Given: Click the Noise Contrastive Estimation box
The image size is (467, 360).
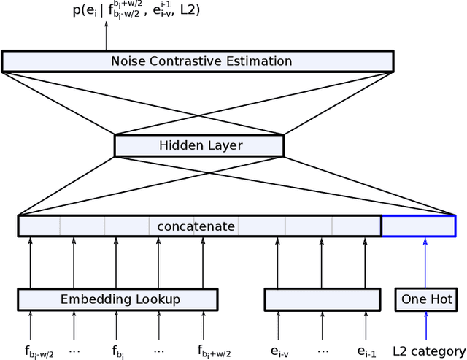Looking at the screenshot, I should [197, 61].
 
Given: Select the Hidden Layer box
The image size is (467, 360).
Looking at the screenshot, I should [199, 145].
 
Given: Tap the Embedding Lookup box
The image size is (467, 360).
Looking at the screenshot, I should [117, 299].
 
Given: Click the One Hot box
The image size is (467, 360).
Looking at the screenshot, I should [426, 299].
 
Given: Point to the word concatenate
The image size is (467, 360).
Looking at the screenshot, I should [196, 226].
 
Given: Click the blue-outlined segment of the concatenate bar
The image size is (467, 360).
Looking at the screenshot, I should [419, 226].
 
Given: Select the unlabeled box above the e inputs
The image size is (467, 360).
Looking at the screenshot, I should [322, 299].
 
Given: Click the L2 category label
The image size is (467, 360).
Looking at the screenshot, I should [428, 351].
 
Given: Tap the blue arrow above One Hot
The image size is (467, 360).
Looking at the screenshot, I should [425, 263].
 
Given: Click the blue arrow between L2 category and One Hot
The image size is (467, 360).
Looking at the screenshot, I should [425, 326].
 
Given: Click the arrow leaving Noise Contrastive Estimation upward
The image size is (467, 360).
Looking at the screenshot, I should [107, 37].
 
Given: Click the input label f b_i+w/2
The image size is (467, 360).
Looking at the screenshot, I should [213, 352].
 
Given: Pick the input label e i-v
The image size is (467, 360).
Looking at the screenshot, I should [280, 352].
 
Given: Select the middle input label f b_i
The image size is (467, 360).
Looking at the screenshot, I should [119, 352].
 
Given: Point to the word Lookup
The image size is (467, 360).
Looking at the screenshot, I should [157, 299].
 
